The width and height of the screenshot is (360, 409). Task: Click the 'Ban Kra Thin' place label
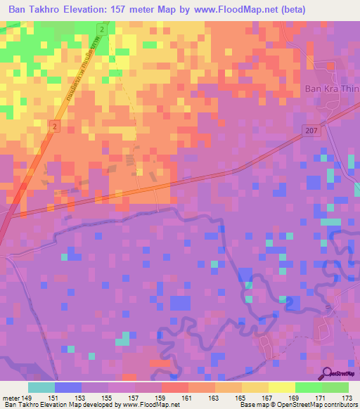(331, 89)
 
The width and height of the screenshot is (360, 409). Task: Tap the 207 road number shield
(313, 130)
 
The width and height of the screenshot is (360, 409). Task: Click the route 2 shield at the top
(103, 31)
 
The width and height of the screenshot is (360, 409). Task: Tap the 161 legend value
(186, 397)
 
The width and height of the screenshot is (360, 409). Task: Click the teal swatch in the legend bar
(41, 387)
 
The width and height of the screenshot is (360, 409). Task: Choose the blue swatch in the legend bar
(67, 387)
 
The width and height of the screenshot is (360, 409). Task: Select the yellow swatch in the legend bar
(281, 387)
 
